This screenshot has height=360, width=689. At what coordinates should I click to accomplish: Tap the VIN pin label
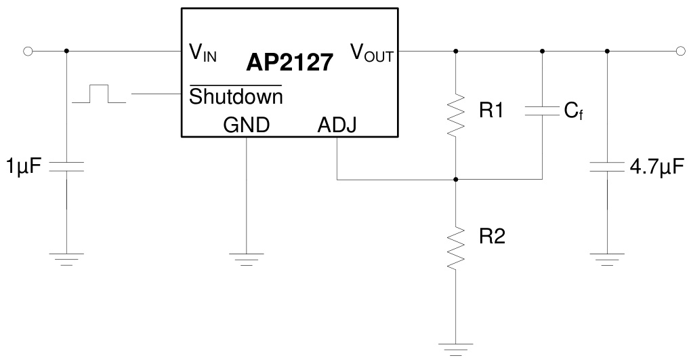pos(203,53)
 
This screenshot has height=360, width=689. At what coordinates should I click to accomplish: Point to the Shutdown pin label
pos(235,97)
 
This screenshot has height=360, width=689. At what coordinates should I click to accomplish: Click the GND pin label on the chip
pos(246,125)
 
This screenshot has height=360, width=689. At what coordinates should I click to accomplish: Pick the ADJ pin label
pos(336,125)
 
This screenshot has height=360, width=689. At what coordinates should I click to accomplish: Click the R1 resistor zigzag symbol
pos(456,113)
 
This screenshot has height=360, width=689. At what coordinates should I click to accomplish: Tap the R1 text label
pos(491,111)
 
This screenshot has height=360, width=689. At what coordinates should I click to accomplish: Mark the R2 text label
pos(491,237)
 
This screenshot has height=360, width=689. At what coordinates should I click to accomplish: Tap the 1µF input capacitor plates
pos(66,167)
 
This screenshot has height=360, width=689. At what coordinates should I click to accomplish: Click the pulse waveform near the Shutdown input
pos(99,94)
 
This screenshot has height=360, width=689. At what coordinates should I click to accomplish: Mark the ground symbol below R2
pos(456,348)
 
